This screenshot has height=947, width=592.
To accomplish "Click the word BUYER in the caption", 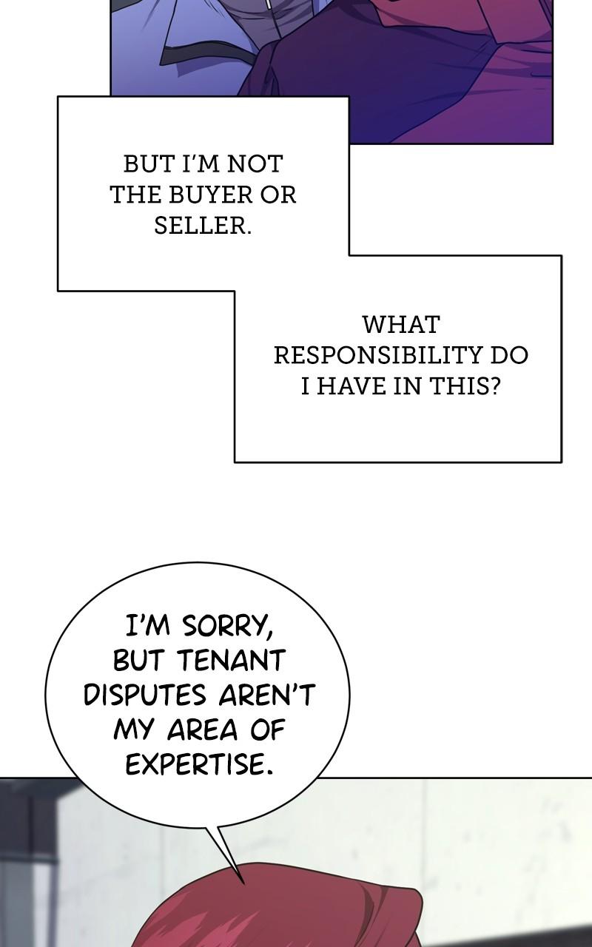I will click(211, 195).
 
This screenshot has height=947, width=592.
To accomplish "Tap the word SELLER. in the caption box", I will click(203, 226).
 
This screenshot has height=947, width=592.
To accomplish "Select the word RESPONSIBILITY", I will click(378, 355).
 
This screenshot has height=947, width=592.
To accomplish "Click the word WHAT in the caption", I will click(401, 324).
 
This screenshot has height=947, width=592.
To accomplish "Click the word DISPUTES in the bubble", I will click(145, 695).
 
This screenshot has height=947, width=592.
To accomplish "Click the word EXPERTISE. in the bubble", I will click(199, 765).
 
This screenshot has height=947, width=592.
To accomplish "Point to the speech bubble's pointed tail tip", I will click(243, 882).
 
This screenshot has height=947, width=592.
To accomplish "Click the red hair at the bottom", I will click(281, 910).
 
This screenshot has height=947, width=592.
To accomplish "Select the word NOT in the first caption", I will click(255, 164).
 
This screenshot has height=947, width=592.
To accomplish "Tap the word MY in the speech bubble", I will click(135, 730).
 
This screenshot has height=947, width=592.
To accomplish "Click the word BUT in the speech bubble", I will click(141, 660).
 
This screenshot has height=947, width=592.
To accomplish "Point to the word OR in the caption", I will click(278, 195).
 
